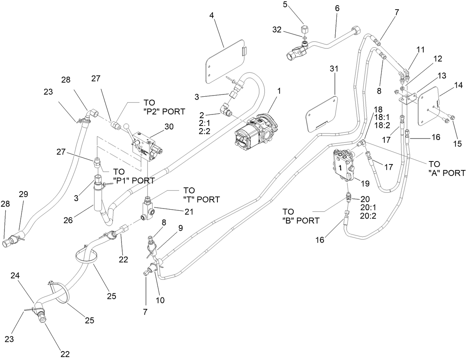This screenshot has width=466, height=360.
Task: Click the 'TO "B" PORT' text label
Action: coord(301,216)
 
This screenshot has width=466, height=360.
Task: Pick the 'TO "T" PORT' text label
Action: coord(201,195)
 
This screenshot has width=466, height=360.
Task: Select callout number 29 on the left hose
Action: coord(24,194)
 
